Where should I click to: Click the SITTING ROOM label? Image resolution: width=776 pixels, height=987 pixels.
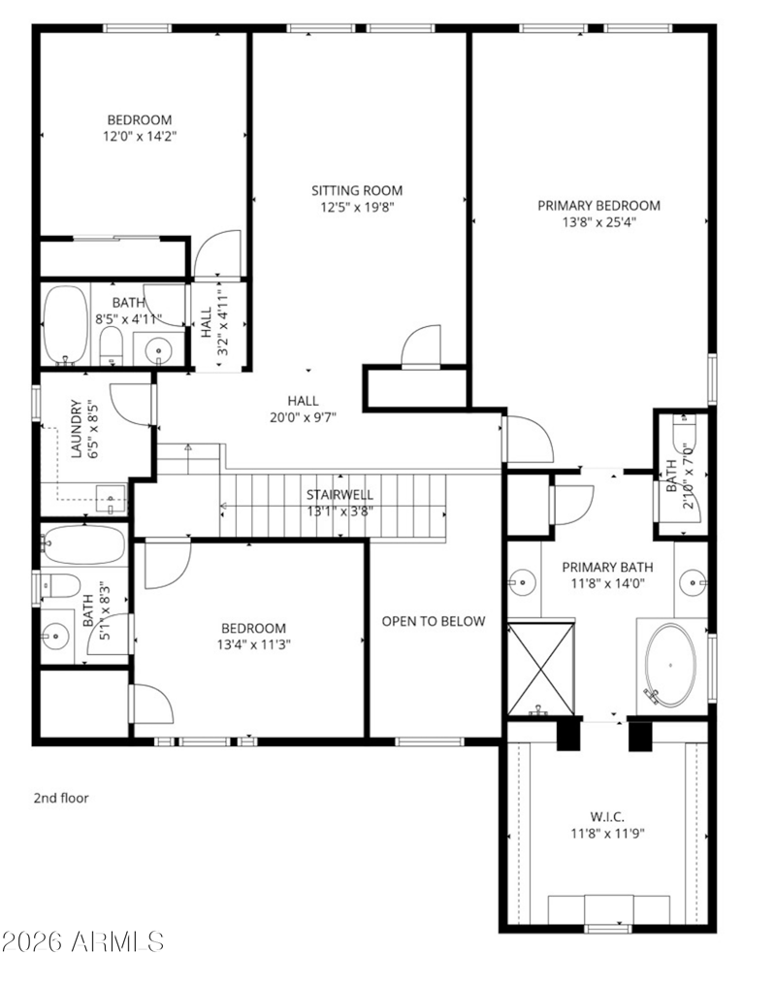pos(357,190)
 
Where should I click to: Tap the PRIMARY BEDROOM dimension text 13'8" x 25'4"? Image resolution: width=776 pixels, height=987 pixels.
pos(599,221)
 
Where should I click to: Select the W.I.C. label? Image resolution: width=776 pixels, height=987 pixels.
pos(607,817)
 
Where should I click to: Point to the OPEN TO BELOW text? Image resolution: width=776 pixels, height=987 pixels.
pos(434,621)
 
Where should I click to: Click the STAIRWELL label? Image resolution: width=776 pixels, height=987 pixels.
pos(339,495)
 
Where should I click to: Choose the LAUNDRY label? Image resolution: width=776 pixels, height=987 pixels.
pos(77,429)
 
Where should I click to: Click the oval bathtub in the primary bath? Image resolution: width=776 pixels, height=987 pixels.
pos(671,665)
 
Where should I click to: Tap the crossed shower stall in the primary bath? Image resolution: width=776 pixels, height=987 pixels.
pos(541,669)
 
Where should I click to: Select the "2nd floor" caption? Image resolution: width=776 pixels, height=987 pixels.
pos(61,798)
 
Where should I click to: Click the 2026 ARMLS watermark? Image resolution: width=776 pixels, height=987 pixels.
pos(82,941)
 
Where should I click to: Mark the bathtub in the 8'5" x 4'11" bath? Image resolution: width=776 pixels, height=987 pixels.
pos(66,325)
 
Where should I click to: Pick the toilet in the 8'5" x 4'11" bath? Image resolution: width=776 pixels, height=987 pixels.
pos(112,345)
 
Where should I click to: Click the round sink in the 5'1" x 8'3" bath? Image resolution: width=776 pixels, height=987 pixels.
pos(56,636)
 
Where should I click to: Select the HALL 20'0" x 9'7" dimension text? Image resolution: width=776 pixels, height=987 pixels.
pos(304,416)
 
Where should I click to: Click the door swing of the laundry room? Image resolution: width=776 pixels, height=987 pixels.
pos(131,404)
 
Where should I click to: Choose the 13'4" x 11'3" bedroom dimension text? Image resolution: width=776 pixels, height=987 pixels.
pos(253,644)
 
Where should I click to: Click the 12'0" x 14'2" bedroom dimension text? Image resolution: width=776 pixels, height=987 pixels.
pos(140,136)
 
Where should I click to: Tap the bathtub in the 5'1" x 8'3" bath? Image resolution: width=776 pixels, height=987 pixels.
pos(84,545)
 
